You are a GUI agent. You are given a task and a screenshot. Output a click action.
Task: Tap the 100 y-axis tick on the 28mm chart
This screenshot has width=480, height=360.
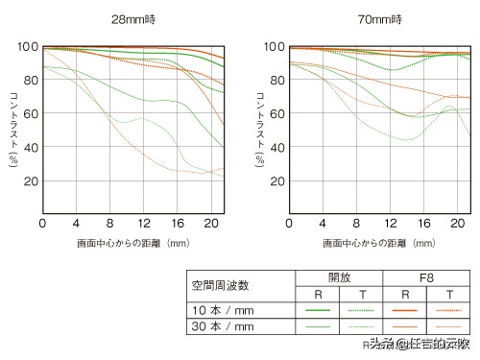28,46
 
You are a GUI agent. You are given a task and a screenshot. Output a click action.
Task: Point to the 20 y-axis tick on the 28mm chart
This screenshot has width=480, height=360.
31,181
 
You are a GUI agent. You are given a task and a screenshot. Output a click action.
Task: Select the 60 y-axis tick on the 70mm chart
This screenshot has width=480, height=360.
274,113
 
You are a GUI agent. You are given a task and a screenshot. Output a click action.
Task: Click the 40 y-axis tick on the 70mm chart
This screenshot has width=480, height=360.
274,147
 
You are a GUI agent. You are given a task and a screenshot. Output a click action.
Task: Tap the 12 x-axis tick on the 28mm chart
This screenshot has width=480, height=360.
143,223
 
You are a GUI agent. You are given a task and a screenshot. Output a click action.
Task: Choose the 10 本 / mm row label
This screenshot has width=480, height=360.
223,310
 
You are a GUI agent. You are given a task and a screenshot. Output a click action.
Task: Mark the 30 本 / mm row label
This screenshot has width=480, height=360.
223,327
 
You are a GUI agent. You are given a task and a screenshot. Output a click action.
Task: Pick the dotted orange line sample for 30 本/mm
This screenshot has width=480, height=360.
452,327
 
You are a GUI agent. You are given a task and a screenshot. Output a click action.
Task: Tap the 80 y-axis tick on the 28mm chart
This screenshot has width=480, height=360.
31,80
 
